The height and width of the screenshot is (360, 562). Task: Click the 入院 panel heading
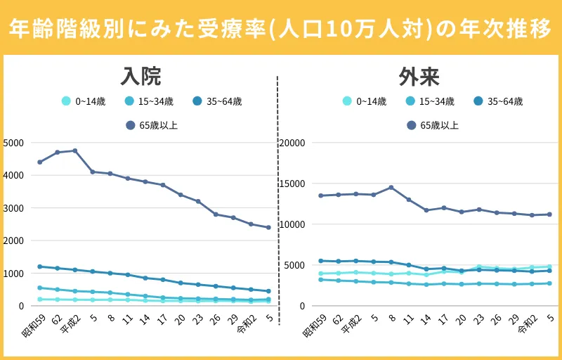tap(140, 75)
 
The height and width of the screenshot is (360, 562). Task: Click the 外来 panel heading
tap(419, 75)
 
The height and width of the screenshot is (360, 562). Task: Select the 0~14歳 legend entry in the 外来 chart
tap(365, 101)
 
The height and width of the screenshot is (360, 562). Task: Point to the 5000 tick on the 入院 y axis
tap(14, 143)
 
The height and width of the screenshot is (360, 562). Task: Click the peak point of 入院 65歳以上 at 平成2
tap(75, 150)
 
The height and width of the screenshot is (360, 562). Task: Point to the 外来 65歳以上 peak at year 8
tap(391, 187)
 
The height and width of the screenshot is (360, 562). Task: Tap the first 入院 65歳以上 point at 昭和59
tap(40, 162)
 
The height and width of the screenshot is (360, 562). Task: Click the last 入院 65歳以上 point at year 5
tap(268, 227)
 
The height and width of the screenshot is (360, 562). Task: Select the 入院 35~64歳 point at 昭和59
tap(40, 266)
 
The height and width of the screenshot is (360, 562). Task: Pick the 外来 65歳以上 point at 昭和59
tap(321, 195)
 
